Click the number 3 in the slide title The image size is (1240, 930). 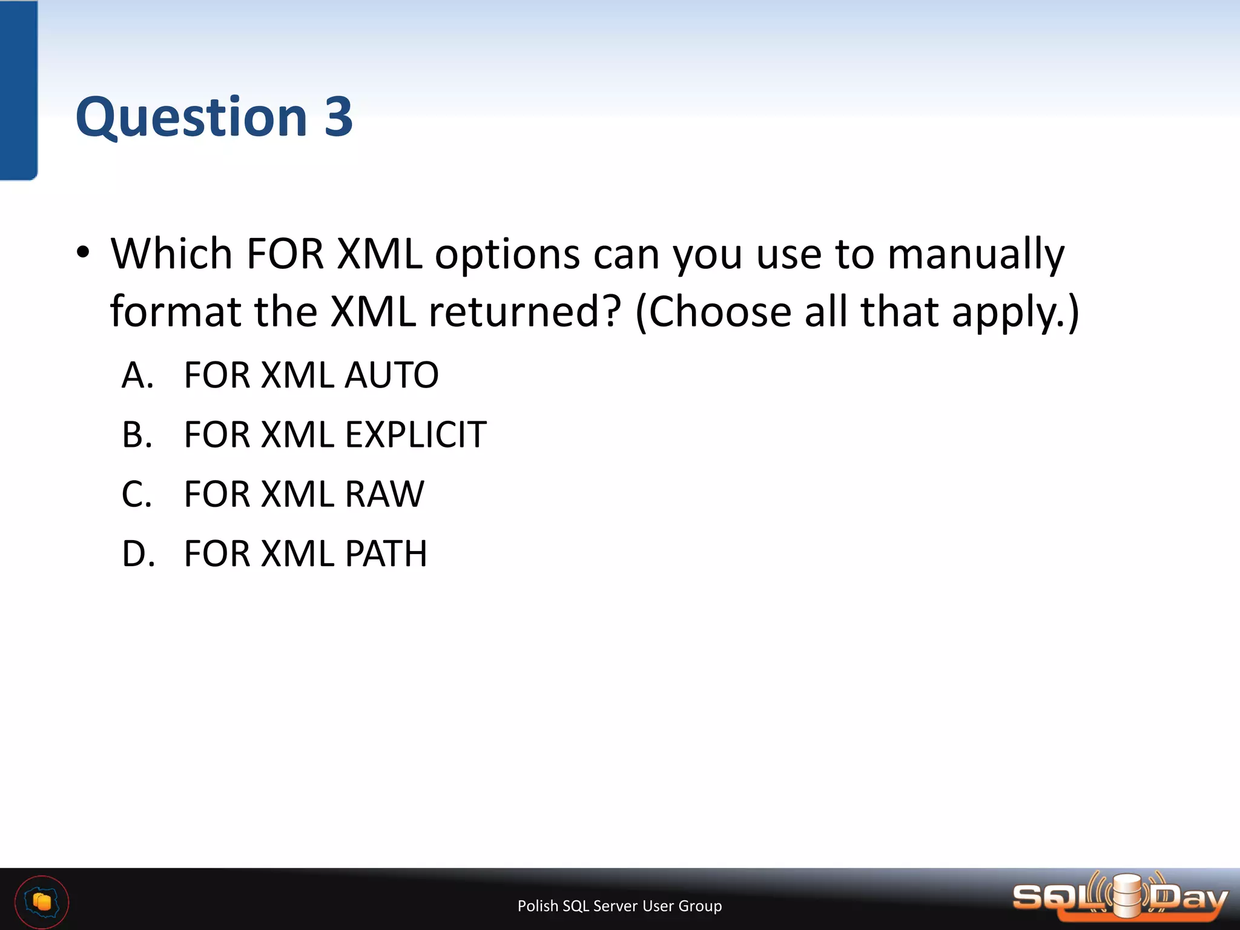338,117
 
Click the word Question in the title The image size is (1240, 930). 191,118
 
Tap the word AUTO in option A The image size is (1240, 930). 391,375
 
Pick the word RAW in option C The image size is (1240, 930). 384,494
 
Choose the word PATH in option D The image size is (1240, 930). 386,553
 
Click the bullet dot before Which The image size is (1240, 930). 84,252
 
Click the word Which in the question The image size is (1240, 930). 171,253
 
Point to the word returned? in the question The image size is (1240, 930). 525,312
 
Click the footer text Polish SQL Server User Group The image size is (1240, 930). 619,906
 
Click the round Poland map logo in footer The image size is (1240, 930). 42,902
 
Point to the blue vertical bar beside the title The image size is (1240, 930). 18,91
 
